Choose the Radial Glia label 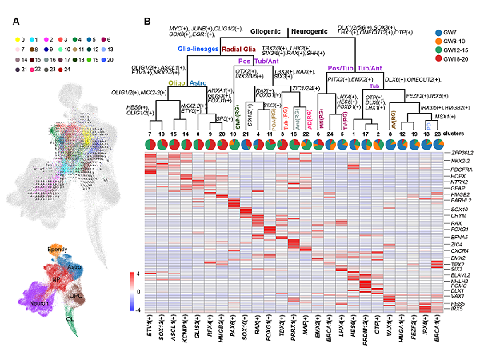tap(250, 47)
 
